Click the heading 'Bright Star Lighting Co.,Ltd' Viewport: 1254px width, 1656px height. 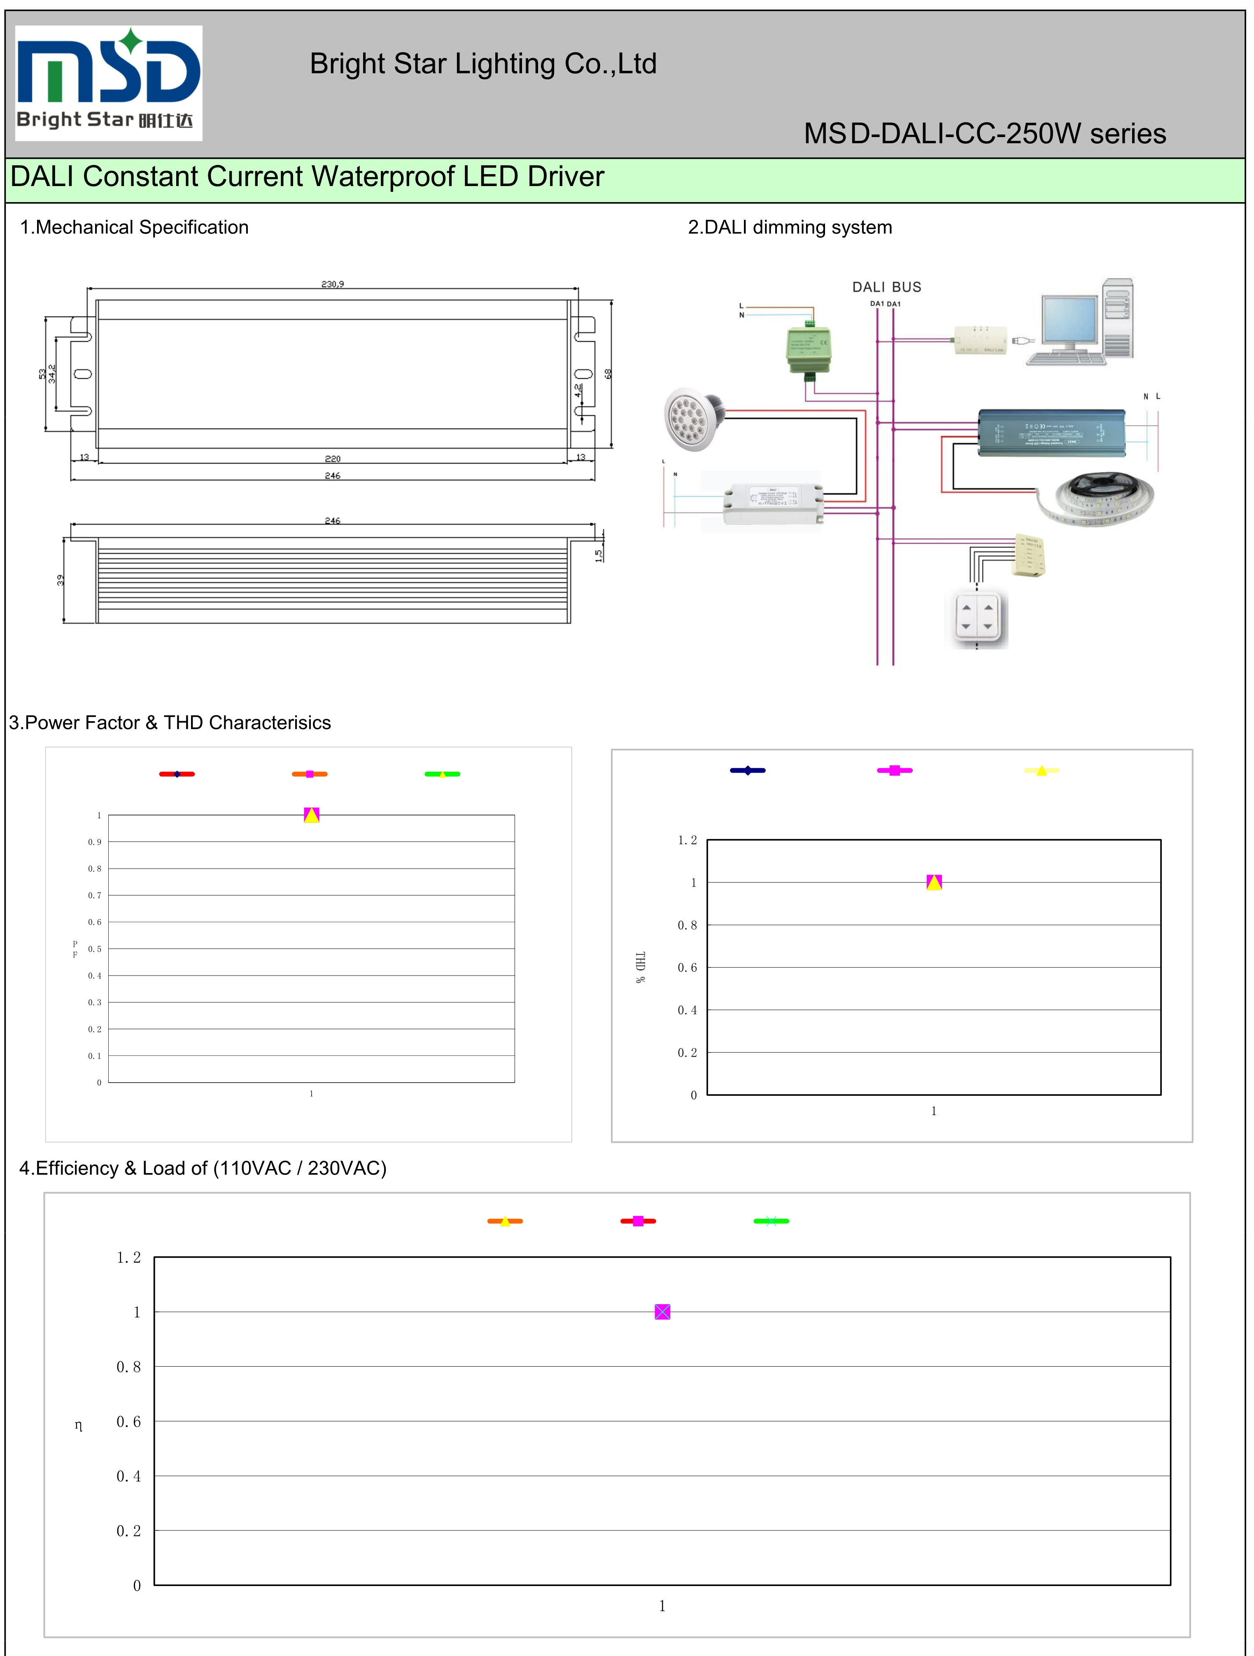point(483,64)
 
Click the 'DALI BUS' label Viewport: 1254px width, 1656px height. point(886,287)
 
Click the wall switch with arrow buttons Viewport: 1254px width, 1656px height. point(977,617)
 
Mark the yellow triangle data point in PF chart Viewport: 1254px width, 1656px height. point(311,816)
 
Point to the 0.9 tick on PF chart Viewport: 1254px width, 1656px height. point(94,842)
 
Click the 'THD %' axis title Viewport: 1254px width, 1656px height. point(640,967)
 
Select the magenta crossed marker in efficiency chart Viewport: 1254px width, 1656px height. point(662,1311)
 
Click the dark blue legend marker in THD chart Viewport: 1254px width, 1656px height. point(747,770)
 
